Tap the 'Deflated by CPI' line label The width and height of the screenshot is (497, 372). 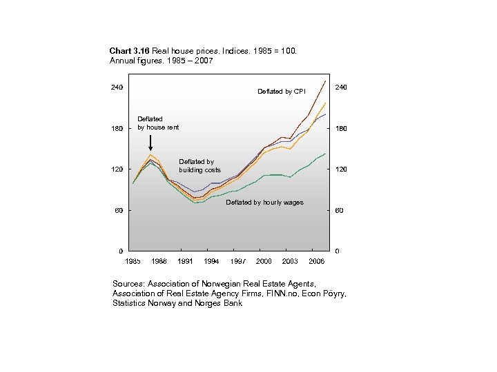[281, 91]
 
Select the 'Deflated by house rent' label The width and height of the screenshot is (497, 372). [158, 123]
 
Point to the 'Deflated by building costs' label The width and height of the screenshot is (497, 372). [199, 166]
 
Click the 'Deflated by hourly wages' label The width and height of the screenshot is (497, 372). [264, 203]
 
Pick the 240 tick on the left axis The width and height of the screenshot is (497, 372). [117, 87]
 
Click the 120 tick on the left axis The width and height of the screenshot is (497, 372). [117, 169]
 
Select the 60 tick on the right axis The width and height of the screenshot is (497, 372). [338, 211]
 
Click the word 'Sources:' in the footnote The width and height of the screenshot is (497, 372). [129, 283]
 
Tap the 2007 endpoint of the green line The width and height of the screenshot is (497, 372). [325, 154]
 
